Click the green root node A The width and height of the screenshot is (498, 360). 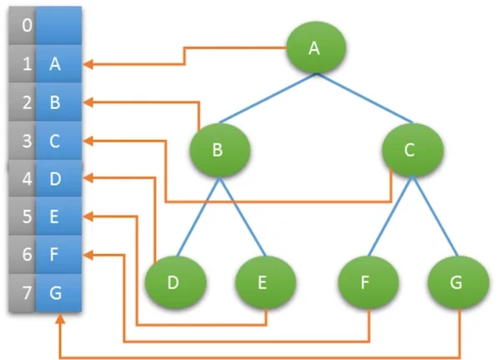315,47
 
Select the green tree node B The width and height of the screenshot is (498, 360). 219,150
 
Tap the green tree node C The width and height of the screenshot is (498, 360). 412,150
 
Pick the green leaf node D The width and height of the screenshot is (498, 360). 175,282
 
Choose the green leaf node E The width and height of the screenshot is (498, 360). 265,282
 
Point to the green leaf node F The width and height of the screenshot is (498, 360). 368,282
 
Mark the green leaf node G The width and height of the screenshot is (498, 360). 458,282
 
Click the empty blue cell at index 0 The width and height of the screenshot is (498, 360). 58,25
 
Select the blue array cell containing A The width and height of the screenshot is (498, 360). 58,64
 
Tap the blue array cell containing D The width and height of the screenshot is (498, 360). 58,178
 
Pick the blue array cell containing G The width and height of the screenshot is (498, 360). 58,292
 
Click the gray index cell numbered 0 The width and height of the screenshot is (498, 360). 22,25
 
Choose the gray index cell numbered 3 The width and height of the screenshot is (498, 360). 22,141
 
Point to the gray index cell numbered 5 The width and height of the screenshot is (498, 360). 22,216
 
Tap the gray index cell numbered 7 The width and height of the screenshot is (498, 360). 22,292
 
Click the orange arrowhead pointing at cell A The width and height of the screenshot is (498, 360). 88,64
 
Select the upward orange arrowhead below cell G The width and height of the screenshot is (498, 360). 60,319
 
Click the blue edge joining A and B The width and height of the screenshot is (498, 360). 268,98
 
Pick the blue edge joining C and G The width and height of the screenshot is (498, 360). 435,216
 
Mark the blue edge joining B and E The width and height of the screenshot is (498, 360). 243,217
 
